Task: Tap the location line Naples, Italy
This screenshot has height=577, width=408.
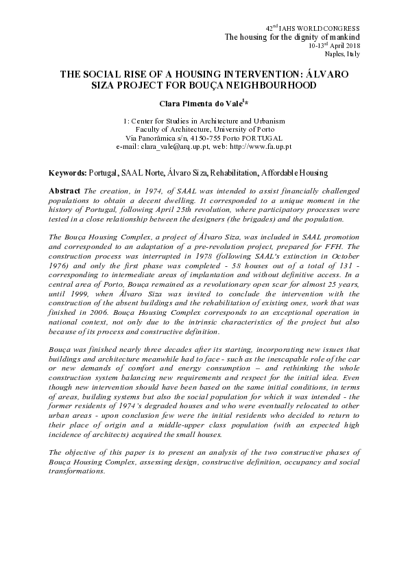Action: click(x=361, y=53)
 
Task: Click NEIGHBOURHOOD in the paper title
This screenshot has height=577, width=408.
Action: click(x=264, y=86)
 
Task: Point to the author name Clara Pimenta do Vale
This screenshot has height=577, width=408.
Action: click(x=201, y=103)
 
